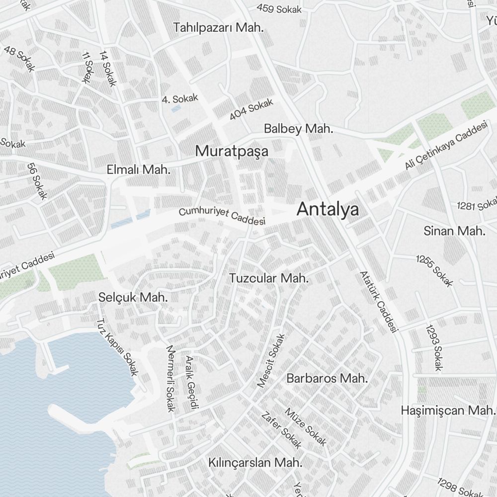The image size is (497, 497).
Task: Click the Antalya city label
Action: point(328,210)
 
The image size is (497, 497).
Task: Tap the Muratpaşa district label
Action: point(232,151)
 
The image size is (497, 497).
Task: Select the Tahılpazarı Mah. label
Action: point(218,28)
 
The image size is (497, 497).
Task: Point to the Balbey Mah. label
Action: point(298,129)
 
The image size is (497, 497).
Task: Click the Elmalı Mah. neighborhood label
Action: point(139,170)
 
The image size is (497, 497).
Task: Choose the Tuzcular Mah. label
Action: point(269,278)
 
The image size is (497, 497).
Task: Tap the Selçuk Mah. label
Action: point(133,298)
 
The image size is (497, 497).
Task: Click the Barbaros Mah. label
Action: point(327,378)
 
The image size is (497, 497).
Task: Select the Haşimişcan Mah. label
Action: point(448,411)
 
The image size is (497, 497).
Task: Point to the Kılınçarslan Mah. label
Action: point(255,462)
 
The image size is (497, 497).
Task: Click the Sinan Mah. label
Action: point(454,231)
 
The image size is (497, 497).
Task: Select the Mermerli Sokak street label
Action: point(170,378)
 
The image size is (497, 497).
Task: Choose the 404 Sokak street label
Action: point(251,110)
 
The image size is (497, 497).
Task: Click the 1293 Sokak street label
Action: point(433,348)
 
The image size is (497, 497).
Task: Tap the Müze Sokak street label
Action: point(305,427)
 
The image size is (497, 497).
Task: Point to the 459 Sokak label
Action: point(279,8)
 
